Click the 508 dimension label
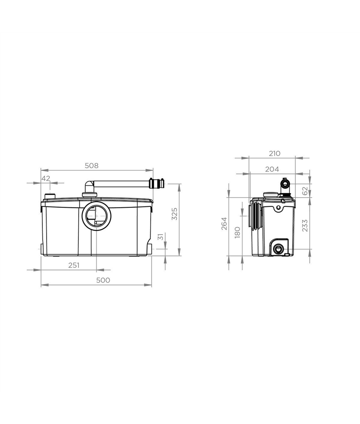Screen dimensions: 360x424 pos(92,165)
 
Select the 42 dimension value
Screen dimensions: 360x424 pos(46,179)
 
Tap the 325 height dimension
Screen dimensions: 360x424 pos(175,213)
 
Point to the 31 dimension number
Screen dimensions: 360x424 pos(160,237)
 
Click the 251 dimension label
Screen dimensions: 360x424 pos(74,265)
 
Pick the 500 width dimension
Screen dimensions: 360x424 pos(103,280)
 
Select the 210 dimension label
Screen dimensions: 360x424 pos(275,153)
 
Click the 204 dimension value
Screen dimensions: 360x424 pos(272,169)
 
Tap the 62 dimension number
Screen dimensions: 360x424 pos(305,191)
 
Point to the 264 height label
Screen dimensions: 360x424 pos(224,224)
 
